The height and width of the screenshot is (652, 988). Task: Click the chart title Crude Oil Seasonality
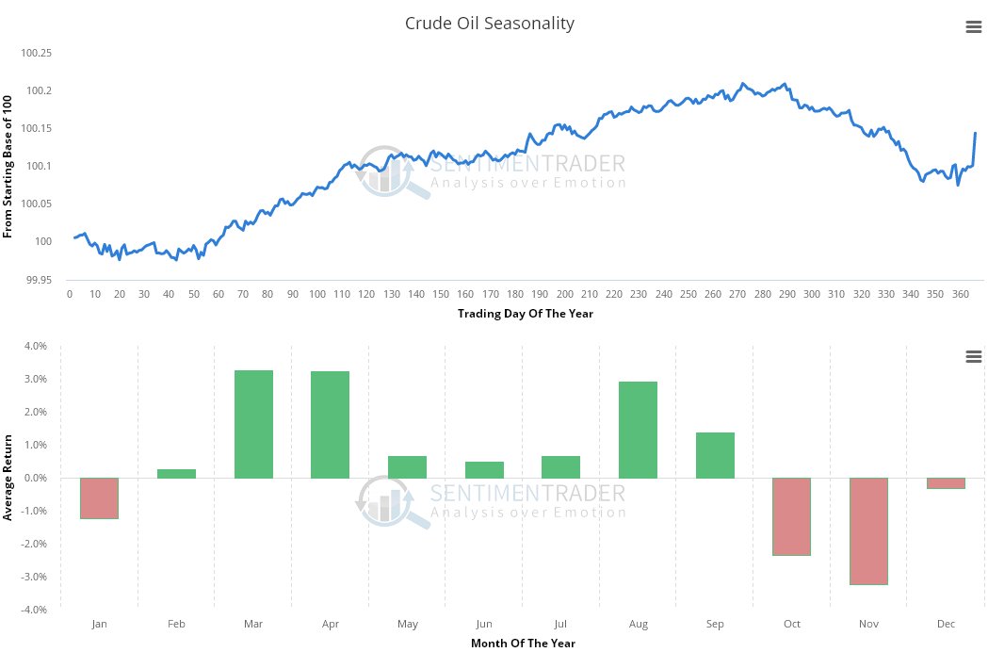tap(489, 24)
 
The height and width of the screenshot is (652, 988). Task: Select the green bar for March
tap(253, 424)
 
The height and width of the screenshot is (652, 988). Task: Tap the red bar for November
tap(868, 530)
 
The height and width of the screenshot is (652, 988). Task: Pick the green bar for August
tap(638, 430)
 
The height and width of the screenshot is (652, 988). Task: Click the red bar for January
tap(99, 497)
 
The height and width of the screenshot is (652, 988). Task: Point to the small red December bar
tap(946, 483)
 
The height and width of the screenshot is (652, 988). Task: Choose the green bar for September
tap(715, 455)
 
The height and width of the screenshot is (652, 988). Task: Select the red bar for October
tap(791, 516)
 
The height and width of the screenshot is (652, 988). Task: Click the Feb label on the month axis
tap(176, 624)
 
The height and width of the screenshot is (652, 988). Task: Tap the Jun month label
tap(484, 624)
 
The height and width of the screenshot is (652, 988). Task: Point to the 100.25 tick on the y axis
tap(36, 53)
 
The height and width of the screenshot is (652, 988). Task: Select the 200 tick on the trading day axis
tap(564, 294)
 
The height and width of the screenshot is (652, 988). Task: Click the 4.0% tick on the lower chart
tap(35, 347)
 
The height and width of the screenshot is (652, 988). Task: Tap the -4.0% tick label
tap(34, 611)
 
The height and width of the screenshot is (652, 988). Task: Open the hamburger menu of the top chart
tap(974, 27)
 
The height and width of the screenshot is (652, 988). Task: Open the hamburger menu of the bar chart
tap(974, 356)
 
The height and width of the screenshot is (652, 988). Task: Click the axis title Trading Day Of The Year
tap(526, 314)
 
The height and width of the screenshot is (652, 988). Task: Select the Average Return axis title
tap(8, 478)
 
